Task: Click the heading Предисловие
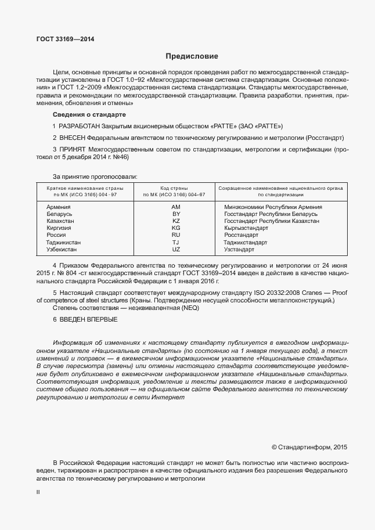[x=192, y=56]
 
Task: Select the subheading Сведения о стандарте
[x=85, y=114]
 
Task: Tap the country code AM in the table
[x=176, y=207]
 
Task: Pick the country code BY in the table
[x=176, y=214]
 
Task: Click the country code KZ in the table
[x=176, y=221]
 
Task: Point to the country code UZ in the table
[x=176, y=249]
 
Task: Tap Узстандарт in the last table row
[x=239, y=249]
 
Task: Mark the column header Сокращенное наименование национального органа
[x=281, y=189]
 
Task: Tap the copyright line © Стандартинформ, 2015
[x=309, y=448]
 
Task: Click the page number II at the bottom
[x=38, y=492]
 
